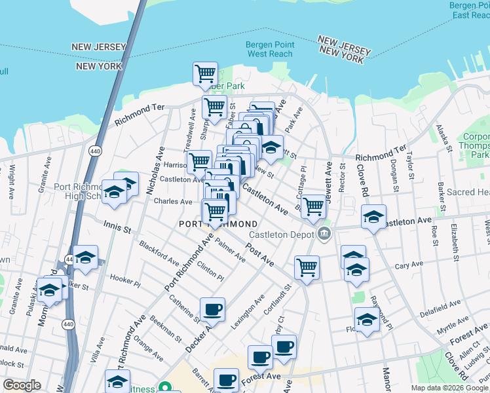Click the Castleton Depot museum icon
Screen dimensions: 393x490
point(324,233)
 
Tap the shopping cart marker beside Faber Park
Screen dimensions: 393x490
point(206,73)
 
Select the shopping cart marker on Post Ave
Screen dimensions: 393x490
point(307,267)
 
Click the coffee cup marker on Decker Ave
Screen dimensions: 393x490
point(212,309)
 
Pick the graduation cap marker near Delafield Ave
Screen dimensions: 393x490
point(367,320)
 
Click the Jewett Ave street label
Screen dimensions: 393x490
point(329,182)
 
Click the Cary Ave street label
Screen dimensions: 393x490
point(411,266)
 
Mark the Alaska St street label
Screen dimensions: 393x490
point(445,138)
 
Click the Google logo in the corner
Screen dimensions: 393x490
point(22,385)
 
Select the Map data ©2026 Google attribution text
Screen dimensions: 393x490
point(449,388)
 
